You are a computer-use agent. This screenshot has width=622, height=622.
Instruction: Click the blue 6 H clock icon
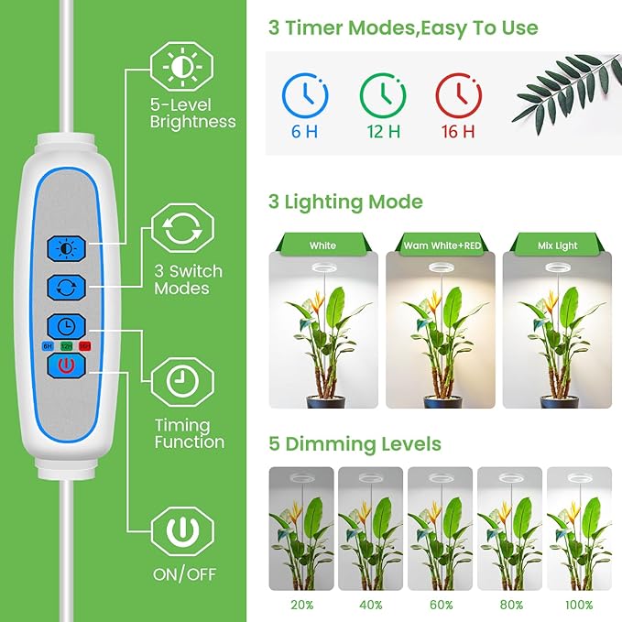[304, 93]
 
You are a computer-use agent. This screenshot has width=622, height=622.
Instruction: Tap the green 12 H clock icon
[383, 93]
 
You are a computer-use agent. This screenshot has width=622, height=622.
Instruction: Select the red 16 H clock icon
[457, 93]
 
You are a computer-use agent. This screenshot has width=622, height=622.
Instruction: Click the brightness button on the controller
[66, 247]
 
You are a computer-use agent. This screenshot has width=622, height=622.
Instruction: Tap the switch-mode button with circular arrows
[66, 287]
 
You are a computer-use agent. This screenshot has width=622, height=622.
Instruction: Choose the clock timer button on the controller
[66, 326]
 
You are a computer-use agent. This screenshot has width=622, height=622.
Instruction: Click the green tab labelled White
[322, 246]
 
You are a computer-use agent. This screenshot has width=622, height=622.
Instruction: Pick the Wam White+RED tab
[441, 246]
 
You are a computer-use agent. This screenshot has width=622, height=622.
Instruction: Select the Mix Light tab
[559, 246]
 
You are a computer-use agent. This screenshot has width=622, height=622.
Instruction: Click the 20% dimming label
[300, 606]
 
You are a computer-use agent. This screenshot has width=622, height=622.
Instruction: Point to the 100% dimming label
[578, 606]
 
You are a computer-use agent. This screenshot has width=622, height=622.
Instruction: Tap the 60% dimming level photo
[440, 529]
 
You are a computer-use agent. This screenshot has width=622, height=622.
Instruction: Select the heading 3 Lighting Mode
[345, 202]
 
